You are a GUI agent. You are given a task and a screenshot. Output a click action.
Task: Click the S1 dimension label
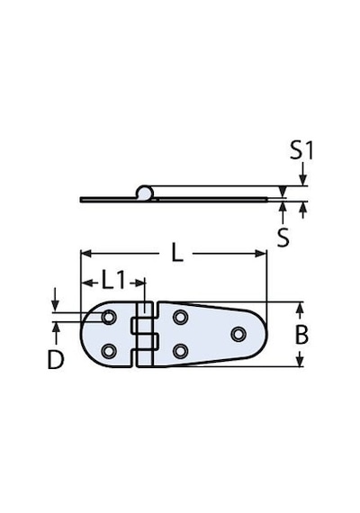point(301,151)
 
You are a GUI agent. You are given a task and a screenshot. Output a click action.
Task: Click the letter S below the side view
point(283,237)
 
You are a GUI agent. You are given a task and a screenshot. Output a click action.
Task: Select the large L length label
point(177,253)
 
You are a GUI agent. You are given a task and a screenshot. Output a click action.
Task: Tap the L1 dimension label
point(113,281)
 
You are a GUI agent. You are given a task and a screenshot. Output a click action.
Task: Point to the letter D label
point(56,360)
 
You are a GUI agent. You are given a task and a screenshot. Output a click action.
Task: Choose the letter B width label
point(301,335)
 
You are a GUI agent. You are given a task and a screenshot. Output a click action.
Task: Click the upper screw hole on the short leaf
point(109,317)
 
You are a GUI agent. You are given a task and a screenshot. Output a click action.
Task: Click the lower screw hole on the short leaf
point(109,351)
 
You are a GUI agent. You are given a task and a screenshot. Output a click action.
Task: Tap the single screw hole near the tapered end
point(238,334)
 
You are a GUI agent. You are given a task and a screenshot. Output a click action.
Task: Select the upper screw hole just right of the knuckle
point(180,317)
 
